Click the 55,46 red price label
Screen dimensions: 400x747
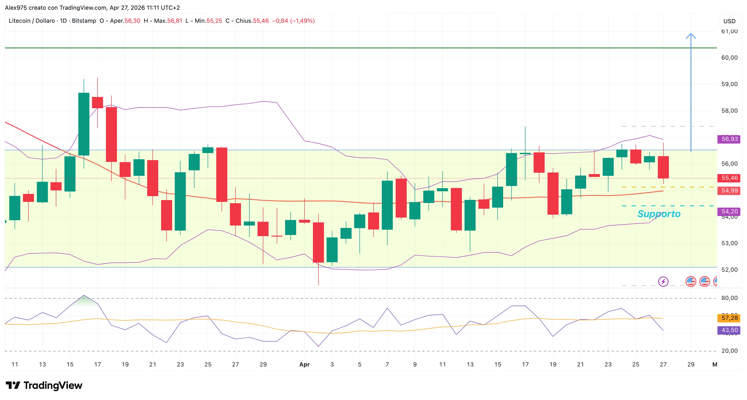point(729,178)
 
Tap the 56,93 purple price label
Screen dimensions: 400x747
point(729,139)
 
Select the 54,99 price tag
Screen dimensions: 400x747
point(729,191)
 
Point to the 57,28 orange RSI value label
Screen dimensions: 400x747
point(729,318)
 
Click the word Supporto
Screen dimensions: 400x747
point(659,214)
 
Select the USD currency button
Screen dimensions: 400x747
point(729,21)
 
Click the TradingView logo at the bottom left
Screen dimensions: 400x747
point(44,385)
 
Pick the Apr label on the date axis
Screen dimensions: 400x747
point(305,365)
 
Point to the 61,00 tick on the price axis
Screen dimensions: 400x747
point(729,31)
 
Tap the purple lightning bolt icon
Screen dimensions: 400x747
point(663,282)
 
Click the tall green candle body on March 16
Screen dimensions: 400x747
point(84,124)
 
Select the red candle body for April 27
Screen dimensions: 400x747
point(663,167)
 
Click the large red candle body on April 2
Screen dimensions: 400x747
point(318,242)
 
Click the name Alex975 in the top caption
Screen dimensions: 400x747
point(16,8)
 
